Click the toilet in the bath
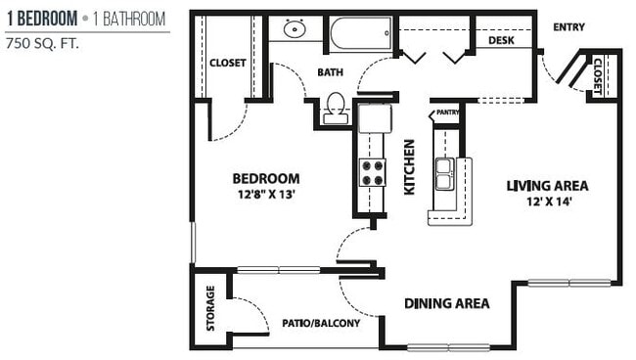(336, 107)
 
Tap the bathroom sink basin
(294, 29)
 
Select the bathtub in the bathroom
(360, 34)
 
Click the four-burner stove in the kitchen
(373, 172)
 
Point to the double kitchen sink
(443, 175)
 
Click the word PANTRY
(446, 112)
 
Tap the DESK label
(501, 41)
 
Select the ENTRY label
(568, 27)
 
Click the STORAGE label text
(210, 308)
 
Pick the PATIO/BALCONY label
(321, 323)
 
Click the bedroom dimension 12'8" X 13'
(264, 194)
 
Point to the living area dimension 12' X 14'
(547, 201)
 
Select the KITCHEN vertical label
(409, 167)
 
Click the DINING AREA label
(446, 303)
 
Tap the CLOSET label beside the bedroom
(227, 64)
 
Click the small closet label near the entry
(598, 76)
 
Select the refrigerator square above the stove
(374, 119)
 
